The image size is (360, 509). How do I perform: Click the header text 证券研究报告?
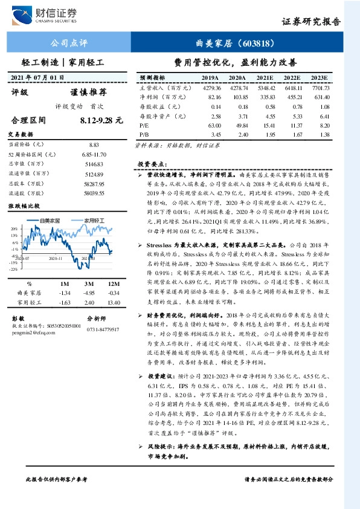(x=312, y=22)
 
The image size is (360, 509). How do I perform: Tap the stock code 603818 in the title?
(x=257, y=43)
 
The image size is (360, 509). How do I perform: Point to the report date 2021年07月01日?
(x=38, y=77)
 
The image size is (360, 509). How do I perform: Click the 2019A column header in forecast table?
(x=210, y=78)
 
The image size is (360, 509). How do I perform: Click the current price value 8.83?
(x=94, y=145)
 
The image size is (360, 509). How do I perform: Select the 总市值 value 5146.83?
(x=94, y=163)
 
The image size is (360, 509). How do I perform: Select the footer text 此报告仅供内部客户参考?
(x=56, y=496)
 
